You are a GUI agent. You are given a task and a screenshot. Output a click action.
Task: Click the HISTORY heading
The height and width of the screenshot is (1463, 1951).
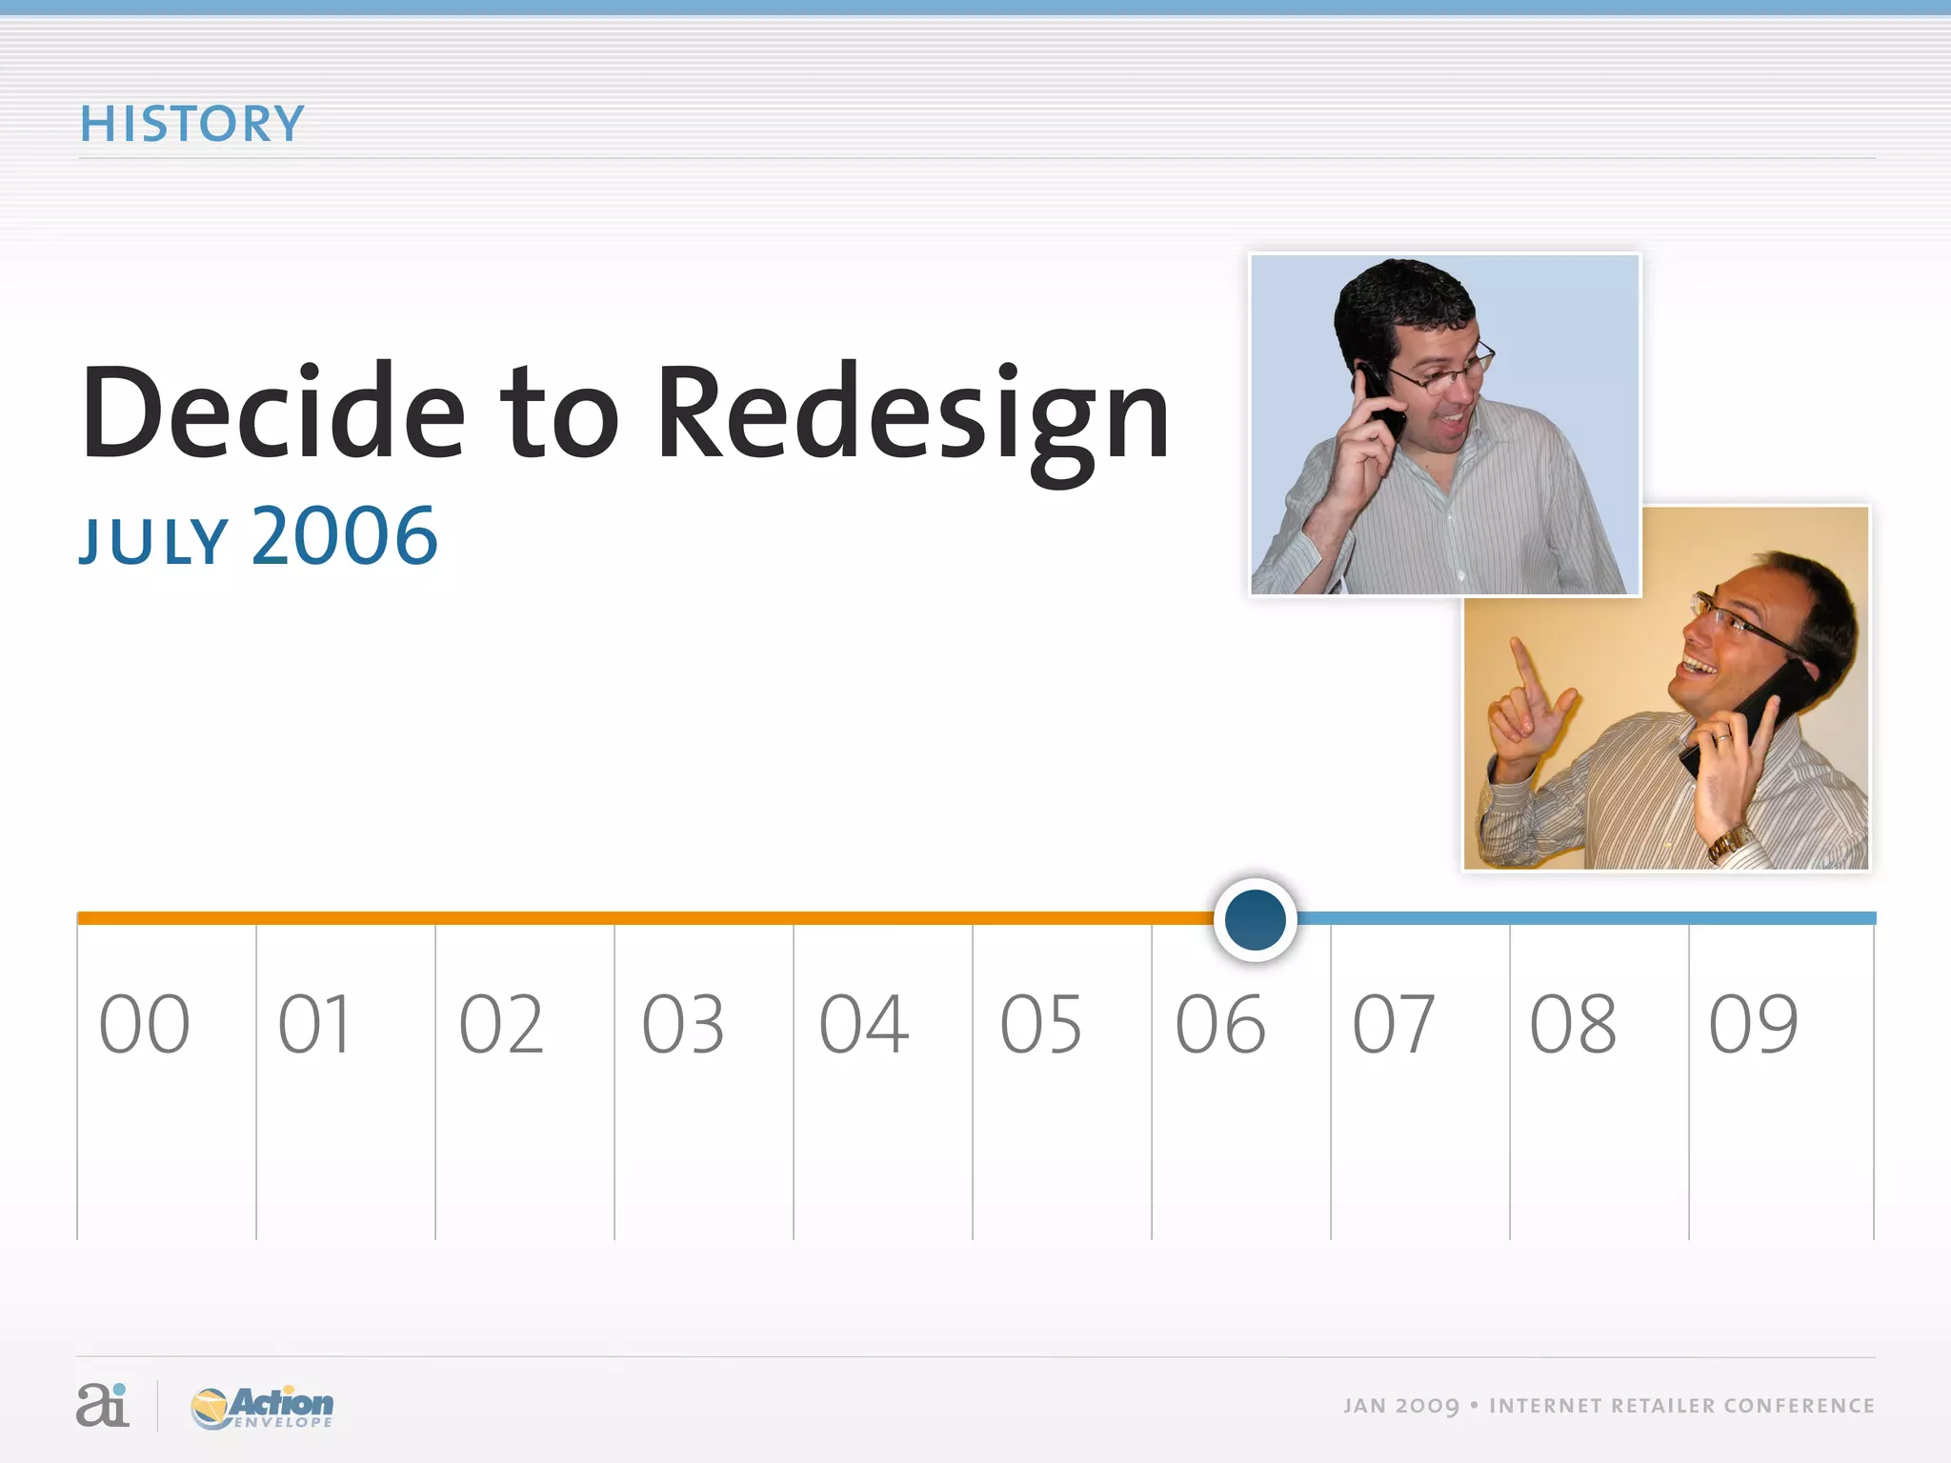coord(191,125)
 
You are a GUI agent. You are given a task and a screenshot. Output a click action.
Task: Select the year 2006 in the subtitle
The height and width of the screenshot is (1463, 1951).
coord(345,536)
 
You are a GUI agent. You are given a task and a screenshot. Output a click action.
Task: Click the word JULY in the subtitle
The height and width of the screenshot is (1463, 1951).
coord(153,541)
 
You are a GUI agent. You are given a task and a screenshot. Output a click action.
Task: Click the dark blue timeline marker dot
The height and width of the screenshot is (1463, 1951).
coord(1255,919)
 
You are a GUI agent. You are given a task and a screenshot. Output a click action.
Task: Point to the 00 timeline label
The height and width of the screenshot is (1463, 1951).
coord(145,1025)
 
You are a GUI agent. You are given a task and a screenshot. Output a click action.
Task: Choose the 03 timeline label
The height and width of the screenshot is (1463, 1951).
coord(683,1025)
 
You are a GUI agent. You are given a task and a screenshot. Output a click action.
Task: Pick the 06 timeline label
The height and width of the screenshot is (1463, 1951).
coord(1220,1025)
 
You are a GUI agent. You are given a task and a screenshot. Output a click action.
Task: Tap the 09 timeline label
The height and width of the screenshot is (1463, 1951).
coord(1754,1025)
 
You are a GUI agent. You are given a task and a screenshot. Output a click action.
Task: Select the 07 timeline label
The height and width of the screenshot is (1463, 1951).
coord(1394,1025)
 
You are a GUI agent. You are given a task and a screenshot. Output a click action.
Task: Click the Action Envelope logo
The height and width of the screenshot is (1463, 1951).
coord(263,1407)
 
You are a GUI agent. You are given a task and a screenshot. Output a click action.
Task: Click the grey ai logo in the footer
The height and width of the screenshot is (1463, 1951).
coord(102,1405)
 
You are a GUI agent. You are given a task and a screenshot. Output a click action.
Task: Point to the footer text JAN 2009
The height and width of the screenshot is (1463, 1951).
coord(1400,1406)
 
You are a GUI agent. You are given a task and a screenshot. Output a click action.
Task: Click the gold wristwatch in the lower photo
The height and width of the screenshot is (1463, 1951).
coord(1730,841)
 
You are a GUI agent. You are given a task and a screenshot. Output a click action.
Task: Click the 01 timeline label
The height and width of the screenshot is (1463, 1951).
coord(314,1025)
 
